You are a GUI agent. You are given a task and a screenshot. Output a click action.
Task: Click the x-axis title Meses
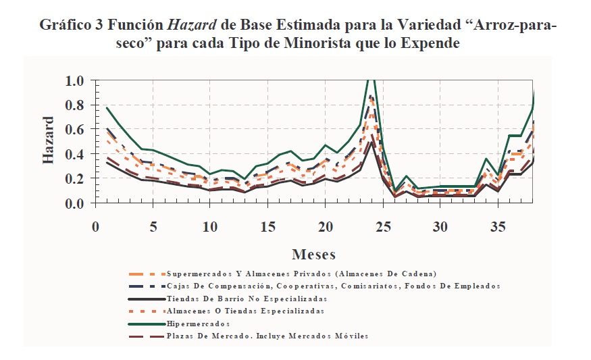(x=314, y=255)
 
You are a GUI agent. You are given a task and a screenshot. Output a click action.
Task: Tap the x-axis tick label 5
(x=153, y=225)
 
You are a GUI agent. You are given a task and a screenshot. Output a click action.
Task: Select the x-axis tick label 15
(x=267, y=225)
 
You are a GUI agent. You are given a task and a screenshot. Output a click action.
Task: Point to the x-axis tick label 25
(x=382, y=225)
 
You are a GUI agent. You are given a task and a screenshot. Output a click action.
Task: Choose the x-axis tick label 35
(x=497, y=225)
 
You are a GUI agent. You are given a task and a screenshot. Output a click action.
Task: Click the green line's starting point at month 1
(x=107, y=108)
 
